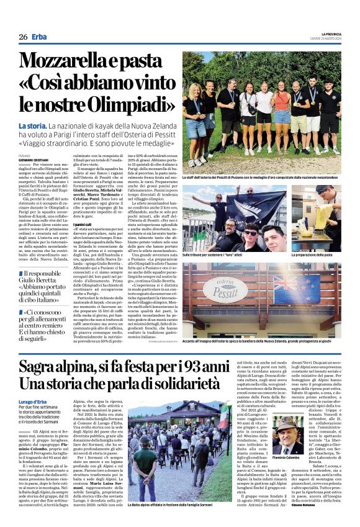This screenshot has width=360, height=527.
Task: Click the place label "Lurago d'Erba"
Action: [x=33, y=402]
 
